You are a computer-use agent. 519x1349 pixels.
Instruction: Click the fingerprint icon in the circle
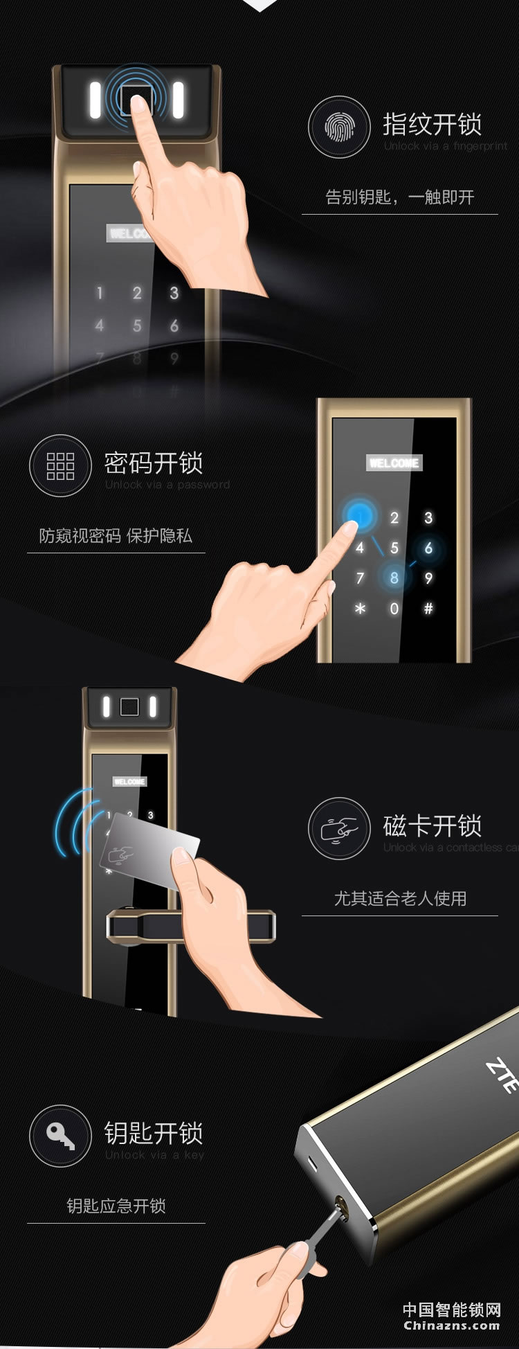[339, 127]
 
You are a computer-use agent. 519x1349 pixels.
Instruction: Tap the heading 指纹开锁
[432, 125]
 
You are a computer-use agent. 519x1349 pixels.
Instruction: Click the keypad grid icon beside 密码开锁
[60, 466]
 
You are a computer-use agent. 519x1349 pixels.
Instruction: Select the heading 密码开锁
[153, 463]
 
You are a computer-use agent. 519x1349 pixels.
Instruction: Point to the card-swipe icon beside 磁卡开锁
[339, 829]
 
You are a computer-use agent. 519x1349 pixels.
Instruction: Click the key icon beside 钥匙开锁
[60, 1136]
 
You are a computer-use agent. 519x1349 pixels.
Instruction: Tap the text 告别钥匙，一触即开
[399, 197]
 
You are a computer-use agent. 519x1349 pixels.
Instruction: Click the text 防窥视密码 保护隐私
[116, 535]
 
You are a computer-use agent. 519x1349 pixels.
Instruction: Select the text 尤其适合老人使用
[400, 898]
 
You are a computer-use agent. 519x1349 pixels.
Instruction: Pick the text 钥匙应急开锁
[116, 1206]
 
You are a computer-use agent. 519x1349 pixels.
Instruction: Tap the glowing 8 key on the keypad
[394, 578]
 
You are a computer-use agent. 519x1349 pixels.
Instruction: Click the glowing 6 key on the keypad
[428, 548]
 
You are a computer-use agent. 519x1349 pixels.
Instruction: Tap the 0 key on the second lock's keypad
[394, 609]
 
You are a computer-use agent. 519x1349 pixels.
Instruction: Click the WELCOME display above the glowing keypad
[394, 463]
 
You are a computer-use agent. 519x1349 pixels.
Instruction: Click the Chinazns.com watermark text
[451, 1325]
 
